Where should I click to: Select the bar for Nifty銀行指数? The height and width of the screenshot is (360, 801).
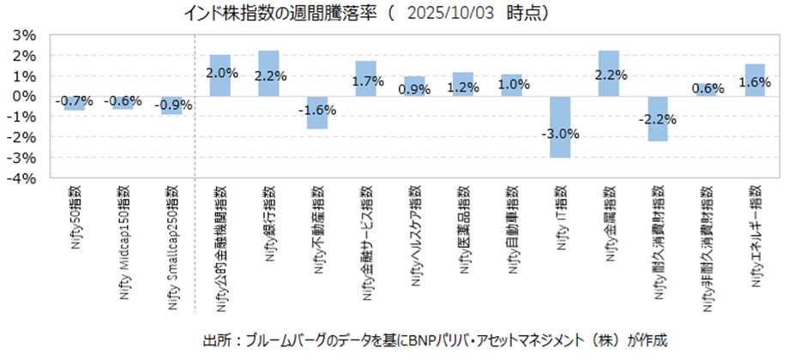pos(268,62)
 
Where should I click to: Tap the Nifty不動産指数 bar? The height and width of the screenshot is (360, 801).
pos(317,120)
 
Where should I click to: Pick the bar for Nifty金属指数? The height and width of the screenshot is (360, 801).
pos(609,62)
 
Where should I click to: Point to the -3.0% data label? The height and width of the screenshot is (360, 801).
pos(560,134)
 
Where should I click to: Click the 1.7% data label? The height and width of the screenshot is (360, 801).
pos(366,82)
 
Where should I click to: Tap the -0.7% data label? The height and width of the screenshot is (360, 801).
pos(74,102)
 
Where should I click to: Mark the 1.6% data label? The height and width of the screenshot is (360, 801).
pos(755,82)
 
